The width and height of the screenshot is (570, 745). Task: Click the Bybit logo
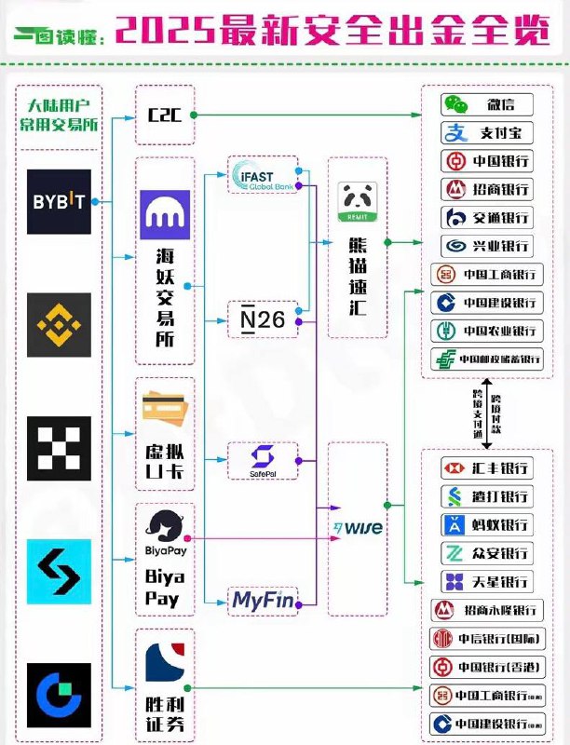click(x=59, y=201)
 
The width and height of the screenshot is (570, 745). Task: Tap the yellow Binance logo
click(x=59, y=324)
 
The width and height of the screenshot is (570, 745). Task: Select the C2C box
click(x=165, y=115)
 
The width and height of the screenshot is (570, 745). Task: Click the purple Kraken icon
click(x=165, y=214)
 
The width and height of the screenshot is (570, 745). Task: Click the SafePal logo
click(x=263, y=459)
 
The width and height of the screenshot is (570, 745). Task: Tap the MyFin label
click(x=263, y=601)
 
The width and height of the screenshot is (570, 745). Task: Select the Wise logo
click(x=358, y=528)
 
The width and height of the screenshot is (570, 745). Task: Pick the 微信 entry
click(x=487, y=104)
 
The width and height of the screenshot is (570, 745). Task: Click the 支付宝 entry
click(x=487, y=132)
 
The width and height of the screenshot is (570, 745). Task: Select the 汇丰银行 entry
click(x=487, y=467)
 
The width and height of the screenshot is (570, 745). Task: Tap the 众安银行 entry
click(x=487, y=553)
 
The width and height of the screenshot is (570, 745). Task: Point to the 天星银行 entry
click(x=487, y=582)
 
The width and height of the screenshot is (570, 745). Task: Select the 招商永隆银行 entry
click(x=487, y=611)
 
